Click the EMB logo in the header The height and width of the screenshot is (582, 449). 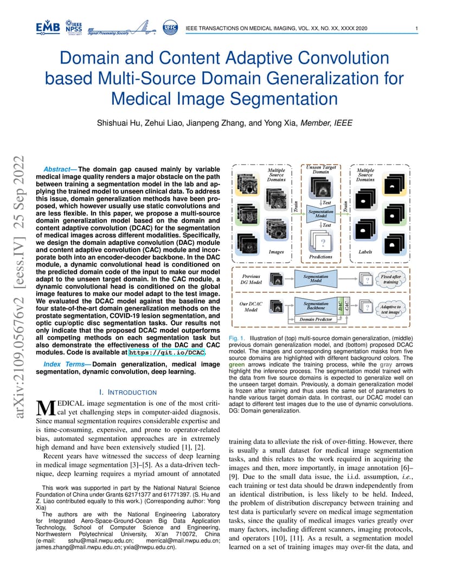48,28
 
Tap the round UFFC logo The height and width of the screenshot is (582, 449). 170,28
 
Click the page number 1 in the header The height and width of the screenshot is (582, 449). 416,28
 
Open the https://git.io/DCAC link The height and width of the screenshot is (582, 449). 166,352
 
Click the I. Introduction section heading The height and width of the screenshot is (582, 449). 128,393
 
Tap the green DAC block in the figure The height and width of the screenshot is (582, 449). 340,306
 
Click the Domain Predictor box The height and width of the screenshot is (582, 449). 316,319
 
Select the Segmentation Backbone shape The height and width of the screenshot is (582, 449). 316,306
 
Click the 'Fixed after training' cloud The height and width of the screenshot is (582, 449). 390,279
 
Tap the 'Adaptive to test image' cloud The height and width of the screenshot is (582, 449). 390,309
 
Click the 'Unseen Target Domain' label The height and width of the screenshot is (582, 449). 321,169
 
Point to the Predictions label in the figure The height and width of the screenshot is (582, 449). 320,257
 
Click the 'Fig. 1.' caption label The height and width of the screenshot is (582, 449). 236,338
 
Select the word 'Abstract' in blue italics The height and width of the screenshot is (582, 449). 57,169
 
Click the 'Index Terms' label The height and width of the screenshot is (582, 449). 65,364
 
